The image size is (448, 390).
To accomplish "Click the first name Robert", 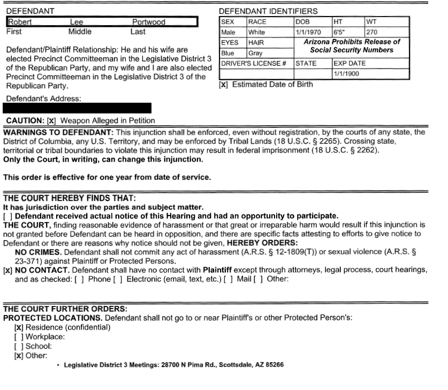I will pos(19,22).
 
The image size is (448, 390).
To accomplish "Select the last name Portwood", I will pos(149,22).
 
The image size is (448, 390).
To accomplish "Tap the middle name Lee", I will pos(77,22).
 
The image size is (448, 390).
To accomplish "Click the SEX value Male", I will pos(229,32).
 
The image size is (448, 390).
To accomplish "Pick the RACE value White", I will pos(256,32).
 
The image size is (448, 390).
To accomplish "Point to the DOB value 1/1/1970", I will pos(308,32).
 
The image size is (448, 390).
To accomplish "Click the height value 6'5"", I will pos(340,32).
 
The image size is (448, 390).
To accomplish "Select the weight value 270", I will pos(372,32).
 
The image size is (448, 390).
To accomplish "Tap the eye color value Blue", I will pos(228,53).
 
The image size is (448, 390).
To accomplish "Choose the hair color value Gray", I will pos(255,53).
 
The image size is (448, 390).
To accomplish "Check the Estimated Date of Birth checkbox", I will pos(224,85).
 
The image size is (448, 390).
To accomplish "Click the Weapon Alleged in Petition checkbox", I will pos(51,121).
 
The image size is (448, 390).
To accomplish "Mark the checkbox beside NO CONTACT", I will pos(8,270).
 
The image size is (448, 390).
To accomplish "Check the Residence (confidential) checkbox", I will pos(19,327).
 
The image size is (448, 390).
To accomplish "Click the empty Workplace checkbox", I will pos(19,337).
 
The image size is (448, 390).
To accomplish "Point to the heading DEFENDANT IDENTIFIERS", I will pos(268,11).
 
